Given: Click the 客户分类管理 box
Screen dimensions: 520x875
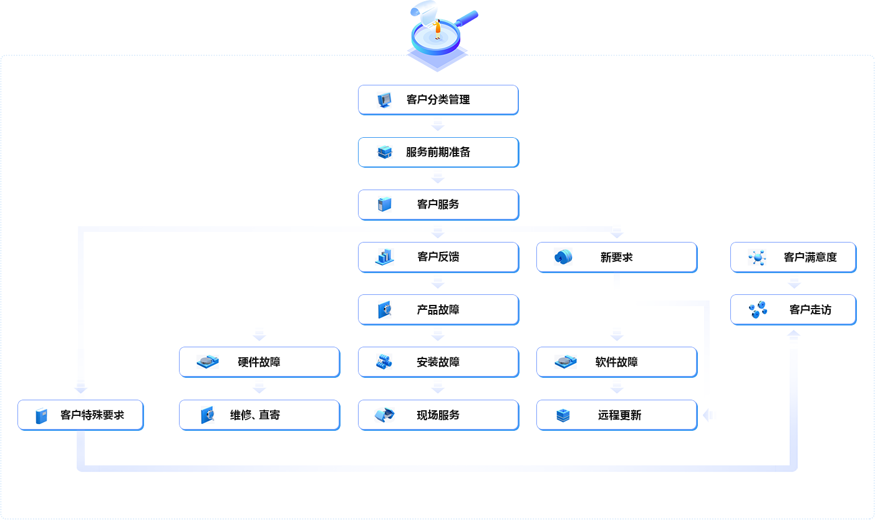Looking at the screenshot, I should point(438,100).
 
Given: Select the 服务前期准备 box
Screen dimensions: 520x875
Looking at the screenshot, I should point(438,152).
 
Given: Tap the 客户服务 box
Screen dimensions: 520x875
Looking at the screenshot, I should point(438,205).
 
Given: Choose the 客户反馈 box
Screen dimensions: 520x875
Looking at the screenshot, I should point(438,257).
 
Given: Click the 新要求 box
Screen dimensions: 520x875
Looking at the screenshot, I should point(616,257).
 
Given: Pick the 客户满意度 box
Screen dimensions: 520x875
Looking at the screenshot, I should point(793,257).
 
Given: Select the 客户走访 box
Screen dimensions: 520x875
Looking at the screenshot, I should point(793,310).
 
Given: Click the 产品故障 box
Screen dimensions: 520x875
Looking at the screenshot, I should point(438,310).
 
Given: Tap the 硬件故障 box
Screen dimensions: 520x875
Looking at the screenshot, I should point(259,362).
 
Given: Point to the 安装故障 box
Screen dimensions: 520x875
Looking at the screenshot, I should point(438,362).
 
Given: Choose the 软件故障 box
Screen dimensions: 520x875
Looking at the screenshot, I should point(616,362).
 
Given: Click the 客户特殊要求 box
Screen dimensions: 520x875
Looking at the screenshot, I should point(80,415).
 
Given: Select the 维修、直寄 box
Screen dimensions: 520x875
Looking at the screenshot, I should point(259,415).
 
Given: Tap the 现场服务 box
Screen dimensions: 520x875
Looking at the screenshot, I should point(438,415).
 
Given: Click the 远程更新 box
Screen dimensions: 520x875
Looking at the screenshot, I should point(616,415).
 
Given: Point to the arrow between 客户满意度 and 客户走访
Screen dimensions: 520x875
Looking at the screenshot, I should point(793,282).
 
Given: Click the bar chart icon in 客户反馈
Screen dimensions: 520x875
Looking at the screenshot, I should point(384,257).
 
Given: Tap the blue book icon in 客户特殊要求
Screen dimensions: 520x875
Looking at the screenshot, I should point(41,416).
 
